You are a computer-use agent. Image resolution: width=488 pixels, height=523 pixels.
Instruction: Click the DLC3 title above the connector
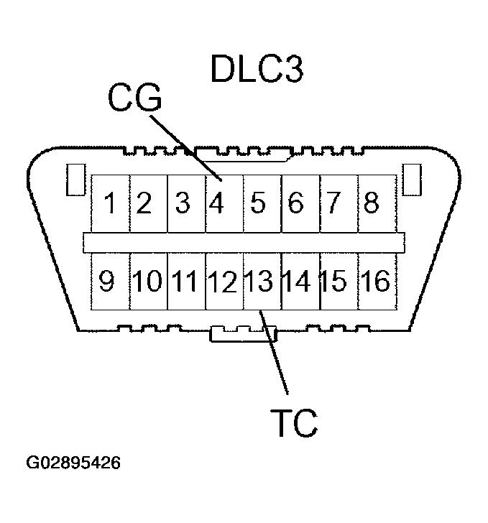point(257,69)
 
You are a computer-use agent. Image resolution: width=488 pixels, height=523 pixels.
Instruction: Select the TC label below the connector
point(294,423)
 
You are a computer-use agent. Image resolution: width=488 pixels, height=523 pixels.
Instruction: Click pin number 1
point(110,204)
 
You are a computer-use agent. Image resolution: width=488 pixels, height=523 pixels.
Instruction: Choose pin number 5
point(259,204)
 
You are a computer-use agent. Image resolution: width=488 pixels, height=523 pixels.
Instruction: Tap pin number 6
point(295,204)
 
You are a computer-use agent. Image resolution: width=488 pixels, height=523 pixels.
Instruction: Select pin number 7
point(333,204)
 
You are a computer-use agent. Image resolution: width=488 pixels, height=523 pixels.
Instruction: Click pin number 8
point(371,204)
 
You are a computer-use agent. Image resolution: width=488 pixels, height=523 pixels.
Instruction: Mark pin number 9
point(107,281)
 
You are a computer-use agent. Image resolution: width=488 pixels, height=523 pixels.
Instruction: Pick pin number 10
point(147,281)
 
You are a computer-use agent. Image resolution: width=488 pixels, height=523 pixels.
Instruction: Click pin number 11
point(185,281)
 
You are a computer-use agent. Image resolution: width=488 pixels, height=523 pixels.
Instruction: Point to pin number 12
point(224,281)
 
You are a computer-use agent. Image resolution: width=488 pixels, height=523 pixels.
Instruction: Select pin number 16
point(374,281)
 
